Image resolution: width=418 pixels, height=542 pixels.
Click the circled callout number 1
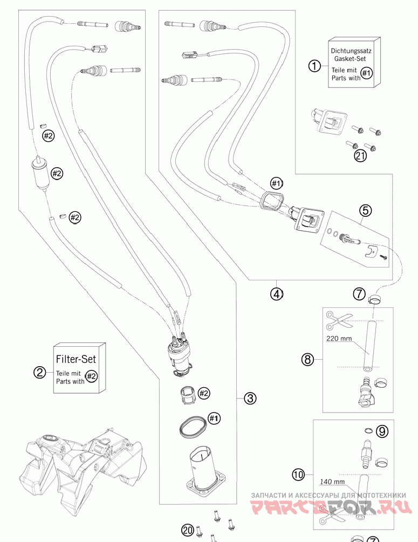[314, 65]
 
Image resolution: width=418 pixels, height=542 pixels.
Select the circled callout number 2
[40, 372]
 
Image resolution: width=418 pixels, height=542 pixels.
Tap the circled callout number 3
[250, 398]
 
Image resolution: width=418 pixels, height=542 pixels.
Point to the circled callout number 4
[276, 294]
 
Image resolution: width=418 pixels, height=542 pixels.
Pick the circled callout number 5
[366, 210]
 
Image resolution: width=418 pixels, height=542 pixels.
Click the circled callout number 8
[307, 360]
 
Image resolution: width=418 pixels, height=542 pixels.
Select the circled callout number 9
[382, 431]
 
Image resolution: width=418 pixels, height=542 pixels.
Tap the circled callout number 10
[298, 475]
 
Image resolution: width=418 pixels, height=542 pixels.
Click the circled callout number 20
[187, 530]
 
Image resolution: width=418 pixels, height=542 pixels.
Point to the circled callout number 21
[360, 156]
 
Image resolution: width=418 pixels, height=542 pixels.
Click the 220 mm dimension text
[339, 338]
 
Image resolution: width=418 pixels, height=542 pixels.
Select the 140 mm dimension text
[332, 481]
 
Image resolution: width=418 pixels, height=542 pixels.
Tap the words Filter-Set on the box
[76, 359]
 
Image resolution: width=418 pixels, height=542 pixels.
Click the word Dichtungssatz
[351, 51]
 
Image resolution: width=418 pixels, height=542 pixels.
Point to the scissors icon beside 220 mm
[337, 320]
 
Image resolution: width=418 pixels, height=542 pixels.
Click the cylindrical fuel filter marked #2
[42, 174]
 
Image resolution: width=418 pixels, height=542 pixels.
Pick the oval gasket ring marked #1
[193, 426]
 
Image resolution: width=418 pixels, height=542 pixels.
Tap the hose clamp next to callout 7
[375, 298]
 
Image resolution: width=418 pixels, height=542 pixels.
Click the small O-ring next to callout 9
[368, 430]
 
